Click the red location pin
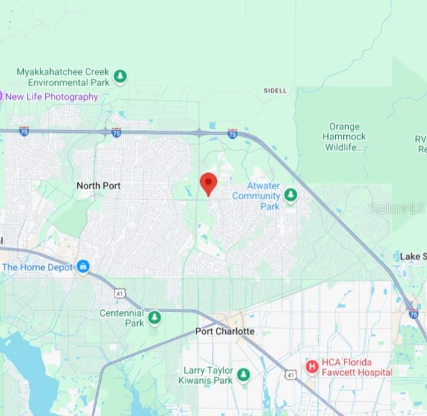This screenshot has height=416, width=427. [209, 183]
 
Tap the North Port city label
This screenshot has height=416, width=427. [98, 185]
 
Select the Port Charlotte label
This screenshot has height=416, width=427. [225, 331]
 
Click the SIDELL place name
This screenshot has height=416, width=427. [275, 91]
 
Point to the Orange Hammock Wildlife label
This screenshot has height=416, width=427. [344, 137]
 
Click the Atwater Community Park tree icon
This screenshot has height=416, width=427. [291, 195]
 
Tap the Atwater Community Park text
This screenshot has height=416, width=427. [256, 196]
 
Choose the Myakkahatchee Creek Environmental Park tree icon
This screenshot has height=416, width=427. [121, 76]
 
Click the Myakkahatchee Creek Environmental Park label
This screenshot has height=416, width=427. [62, 77]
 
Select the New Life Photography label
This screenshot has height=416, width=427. [51, 97]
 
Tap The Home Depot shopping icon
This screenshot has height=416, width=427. [83, 267]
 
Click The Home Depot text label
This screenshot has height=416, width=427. [37, 267]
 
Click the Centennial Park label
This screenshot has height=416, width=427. [122, 318]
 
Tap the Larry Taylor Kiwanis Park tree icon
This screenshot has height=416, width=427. [243, 374]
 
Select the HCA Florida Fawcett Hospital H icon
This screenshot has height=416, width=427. [312, 366]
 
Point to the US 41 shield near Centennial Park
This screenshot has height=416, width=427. [119, 294]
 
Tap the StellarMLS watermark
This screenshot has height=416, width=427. [396, 209]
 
